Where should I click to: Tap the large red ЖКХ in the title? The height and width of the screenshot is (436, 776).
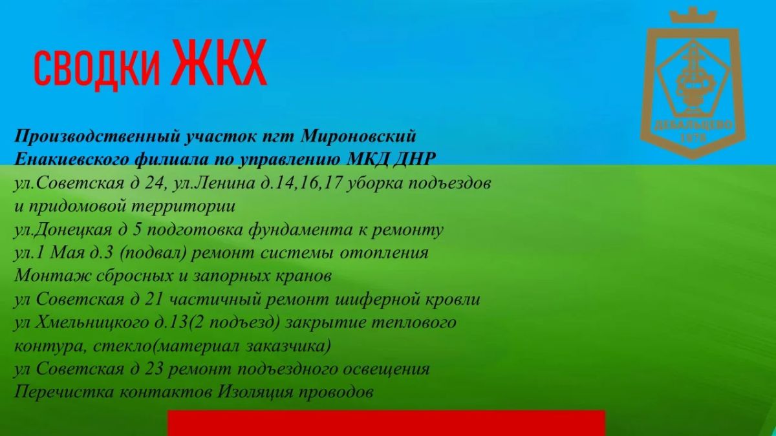coord(219,62)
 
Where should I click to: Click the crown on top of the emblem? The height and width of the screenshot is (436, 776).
coord(693,16)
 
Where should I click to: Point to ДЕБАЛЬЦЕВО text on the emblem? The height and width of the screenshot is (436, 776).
coord(693,125)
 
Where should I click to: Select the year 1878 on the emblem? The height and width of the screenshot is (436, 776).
coord(693,138)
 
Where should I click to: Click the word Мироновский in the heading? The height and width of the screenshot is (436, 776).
coord(358,136)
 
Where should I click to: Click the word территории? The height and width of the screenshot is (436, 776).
coord(184,207)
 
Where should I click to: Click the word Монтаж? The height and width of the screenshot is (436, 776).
coord(52,276)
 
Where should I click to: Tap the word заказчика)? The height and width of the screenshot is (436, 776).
coord(288,346)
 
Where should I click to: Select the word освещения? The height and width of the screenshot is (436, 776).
coord(386,369)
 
